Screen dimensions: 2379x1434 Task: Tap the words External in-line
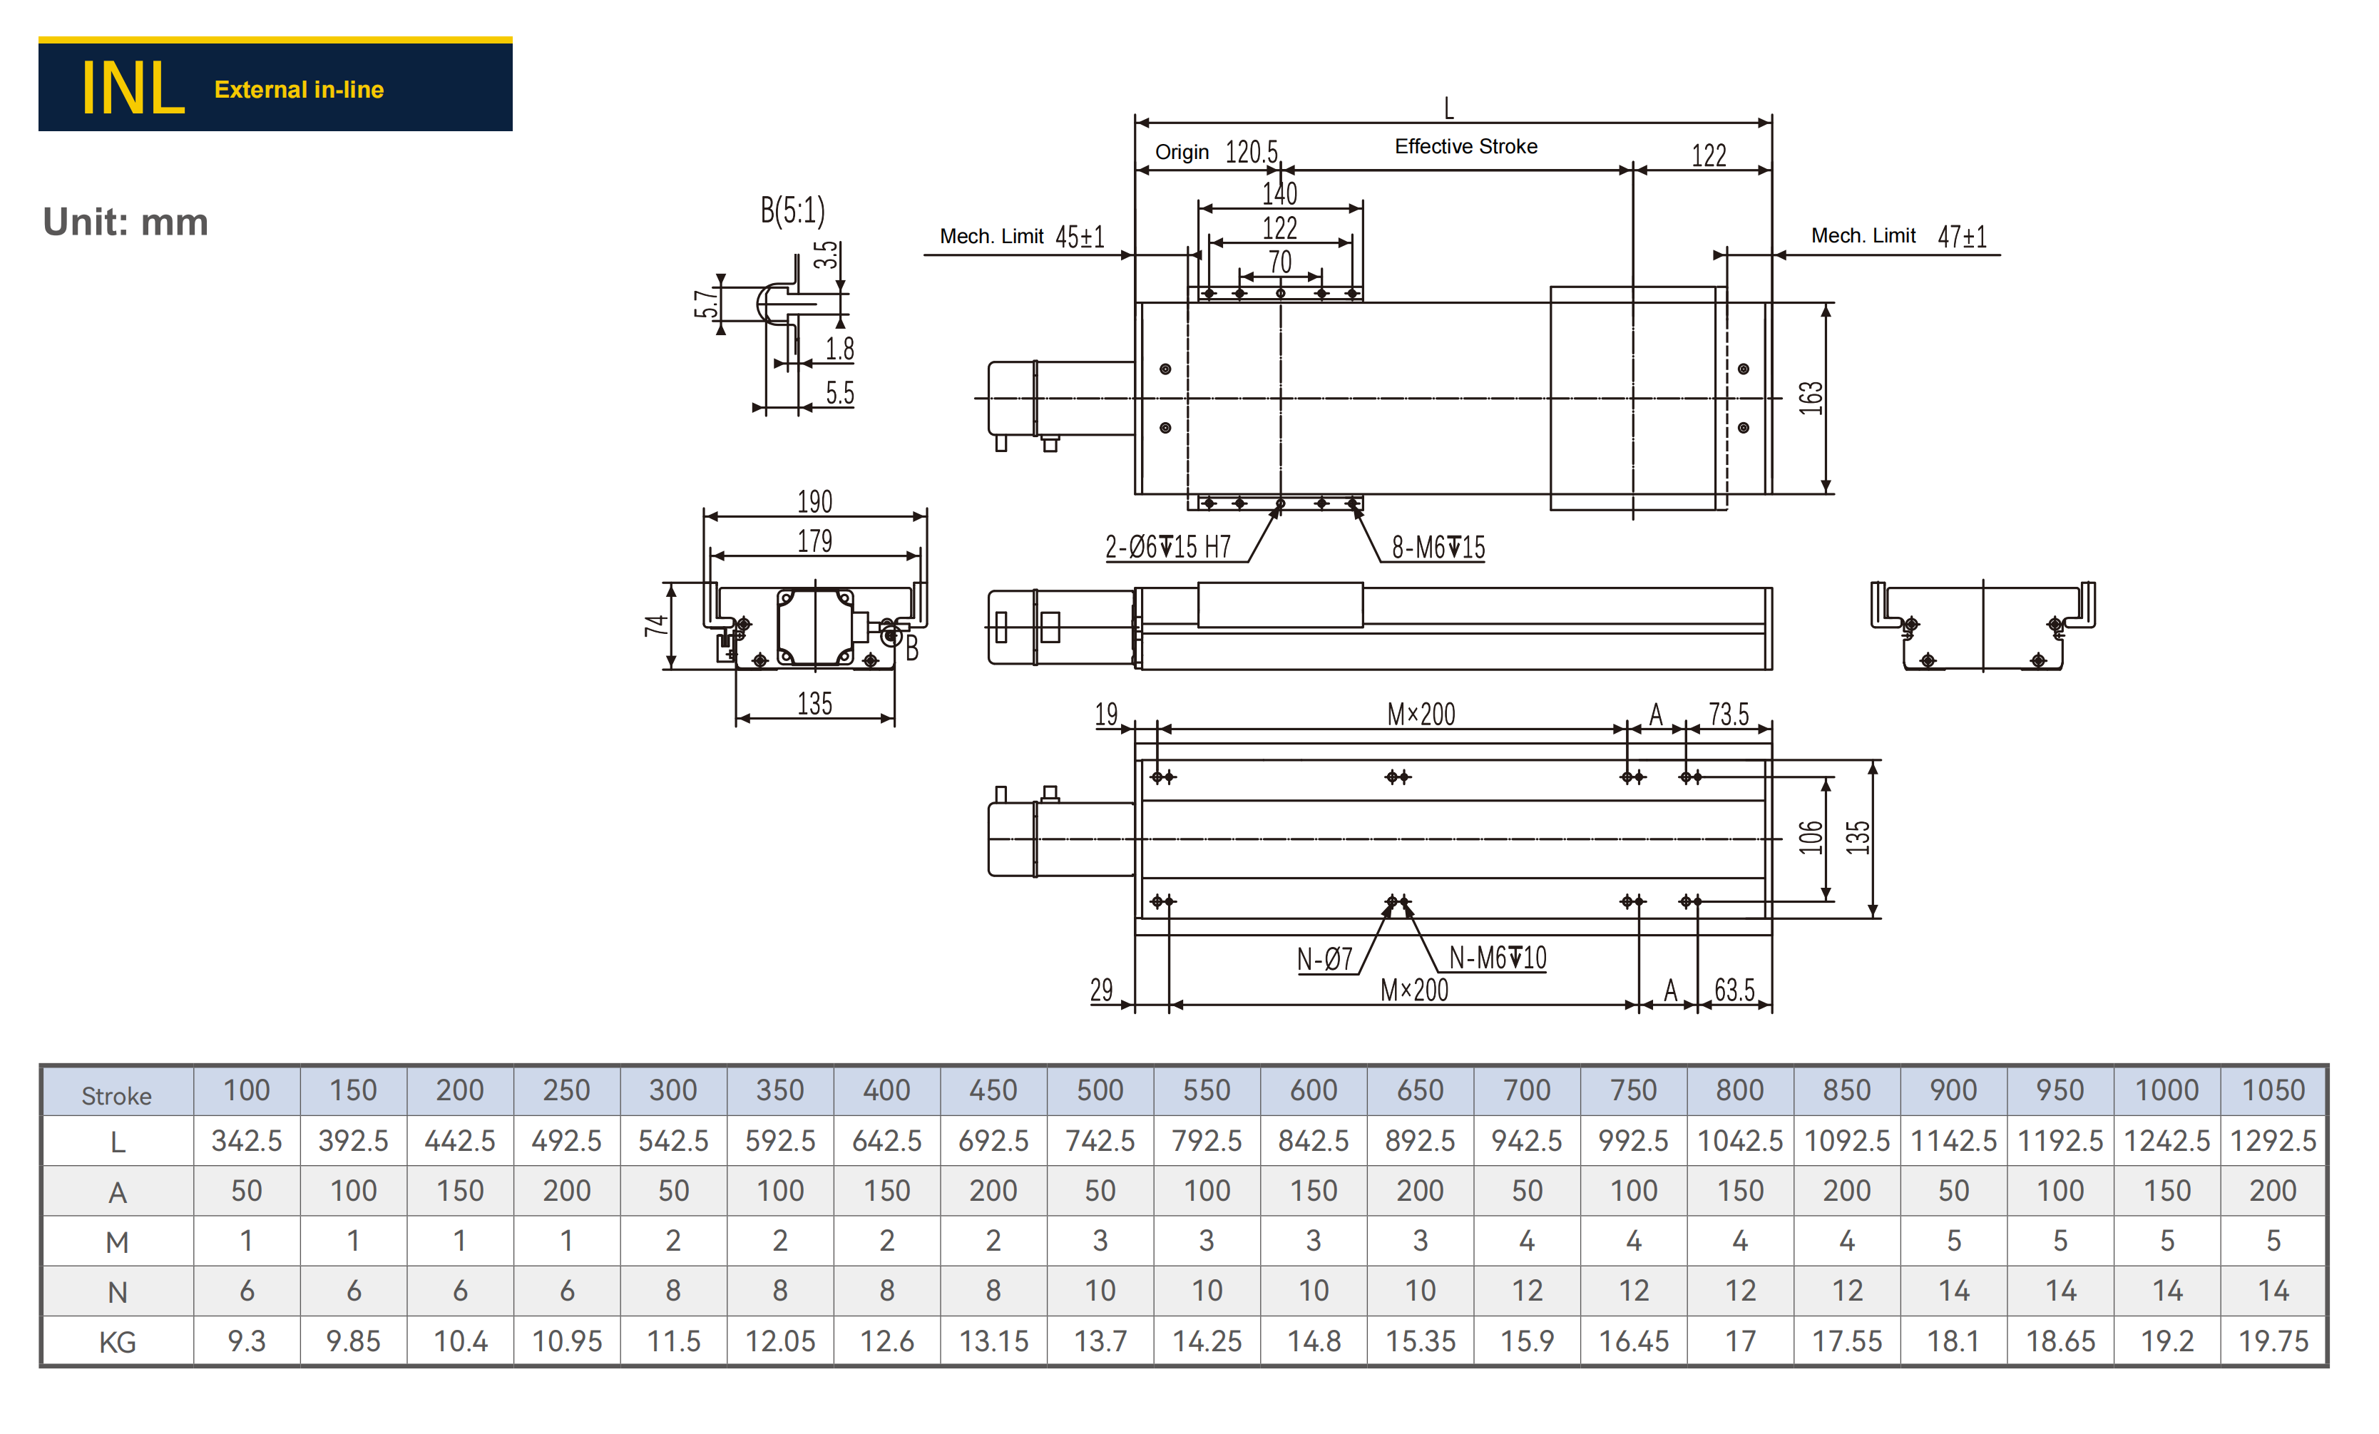(300, 90)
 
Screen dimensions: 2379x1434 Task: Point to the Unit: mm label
(126, 222)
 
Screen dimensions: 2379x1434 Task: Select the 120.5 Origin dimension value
(1252, 152)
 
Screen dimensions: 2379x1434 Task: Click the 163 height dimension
(1811, 398)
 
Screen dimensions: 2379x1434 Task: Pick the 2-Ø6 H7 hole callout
(1167, 548)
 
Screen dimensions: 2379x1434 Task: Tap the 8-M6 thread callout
(1438, 548)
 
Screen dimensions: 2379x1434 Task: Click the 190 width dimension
(815, 501)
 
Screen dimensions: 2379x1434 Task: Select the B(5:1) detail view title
(793, 210)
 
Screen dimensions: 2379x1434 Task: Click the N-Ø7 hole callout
(1325, 959)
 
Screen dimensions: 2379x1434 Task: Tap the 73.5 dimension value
(1728, 714)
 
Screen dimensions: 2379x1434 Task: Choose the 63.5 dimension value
(1734, 990)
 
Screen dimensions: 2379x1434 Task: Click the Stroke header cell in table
(117, 1095)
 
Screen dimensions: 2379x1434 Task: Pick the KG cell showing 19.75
(2273, 1341)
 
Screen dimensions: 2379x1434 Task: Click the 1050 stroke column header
(2273, 1090)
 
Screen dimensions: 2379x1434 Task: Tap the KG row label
(117, 1341)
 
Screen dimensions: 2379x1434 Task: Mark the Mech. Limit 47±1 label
(1898, 235)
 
